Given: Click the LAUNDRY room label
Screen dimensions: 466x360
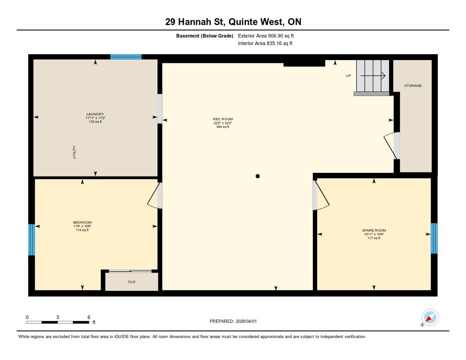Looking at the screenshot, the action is click(x=95, y=114).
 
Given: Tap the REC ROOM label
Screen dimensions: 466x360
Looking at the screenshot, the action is click(x=223, y=119).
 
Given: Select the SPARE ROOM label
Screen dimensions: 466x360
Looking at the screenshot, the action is click(x=374, y=230).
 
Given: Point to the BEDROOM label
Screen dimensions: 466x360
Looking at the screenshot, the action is click(x=82, y=223).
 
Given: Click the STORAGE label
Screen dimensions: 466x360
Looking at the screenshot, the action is click(x=413, y=86).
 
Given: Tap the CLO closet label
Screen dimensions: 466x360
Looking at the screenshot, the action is click(x=132, y=282).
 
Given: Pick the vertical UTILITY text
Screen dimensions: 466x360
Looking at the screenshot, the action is click(x=74, y=152).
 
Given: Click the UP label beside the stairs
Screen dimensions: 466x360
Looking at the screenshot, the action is click(x=348, y=76).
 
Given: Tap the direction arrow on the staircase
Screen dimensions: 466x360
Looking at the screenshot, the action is click(x=373, y=76).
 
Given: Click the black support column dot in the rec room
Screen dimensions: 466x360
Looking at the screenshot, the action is click(x=258, y=176).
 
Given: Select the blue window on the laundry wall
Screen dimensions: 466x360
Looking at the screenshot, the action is click(x=126, y=57).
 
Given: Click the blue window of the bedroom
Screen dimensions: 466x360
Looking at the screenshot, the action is click(x=31, y=239).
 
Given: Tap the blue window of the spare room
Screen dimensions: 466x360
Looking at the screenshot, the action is click(x=434, y=238).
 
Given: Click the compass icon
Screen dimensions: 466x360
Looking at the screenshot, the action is click(x=430, y=318).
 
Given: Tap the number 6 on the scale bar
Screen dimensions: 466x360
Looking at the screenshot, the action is click(x=89, y=317).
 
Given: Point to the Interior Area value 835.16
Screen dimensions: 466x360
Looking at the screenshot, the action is click(x=274, y=43).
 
